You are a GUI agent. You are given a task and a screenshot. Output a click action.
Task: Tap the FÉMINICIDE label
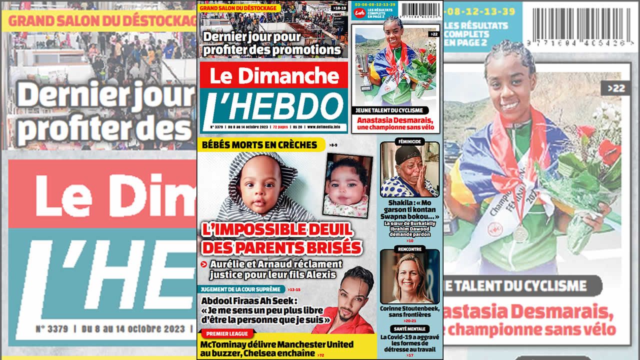pos(409,141)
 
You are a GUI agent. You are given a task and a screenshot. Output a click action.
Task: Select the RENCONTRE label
pos(409,248)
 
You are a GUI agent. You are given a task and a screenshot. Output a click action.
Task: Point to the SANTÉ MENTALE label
pos(409,328)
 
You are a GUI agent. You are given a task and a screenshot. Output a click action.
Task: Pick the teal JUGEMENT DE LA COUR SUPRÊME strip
pos(242,289)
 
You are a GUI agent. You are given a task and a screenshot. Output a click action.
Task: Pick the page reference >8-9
pos(333,145)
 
